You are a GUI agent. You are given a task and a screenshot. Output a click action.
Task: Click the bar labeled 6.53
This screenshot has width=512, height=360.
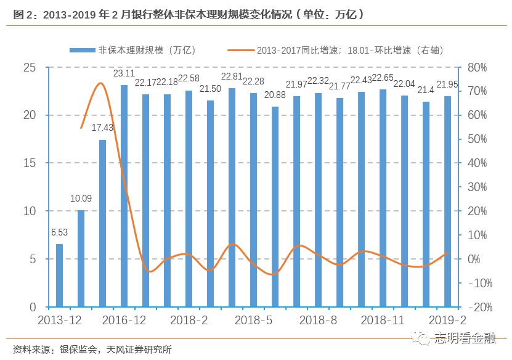click(59, 276)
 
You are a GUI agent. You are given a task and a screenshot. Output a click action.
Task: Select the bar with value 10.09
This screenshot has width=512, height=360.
click(81, 258)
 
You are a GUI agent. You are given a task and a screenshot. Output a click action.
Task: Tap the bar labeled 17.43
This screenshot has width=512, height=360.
click(102, 223)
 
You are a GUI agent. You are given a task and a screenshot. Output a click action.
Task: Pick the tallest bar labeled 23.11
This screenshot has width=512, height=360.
click(124, 196)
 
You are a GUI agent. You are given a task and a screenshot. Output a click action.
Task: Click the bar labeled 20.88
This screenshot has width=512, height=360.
click(275, 207)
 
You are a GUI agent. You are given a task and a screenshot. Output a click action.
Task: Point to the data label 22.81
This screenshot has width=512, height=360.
click(232, 77)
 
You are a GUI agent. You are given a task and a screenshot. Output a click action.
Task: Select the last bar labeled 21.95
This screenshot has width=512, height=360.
click(447, 202)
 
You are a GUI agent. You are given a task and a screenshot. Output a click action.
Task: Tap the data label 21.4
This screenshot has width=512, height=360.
click(426, 90)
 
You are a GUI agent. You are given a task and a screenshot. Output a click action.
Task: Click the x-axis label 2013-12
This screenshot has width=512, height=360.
click(59, 321)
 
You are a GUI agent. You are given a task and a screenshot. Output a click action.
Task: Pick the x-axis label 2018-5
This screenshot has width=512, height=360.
click(253, 321)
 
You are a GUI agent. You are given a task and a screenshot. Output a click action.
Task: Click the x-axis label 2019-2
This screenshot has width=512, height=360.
click(448, 321)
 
